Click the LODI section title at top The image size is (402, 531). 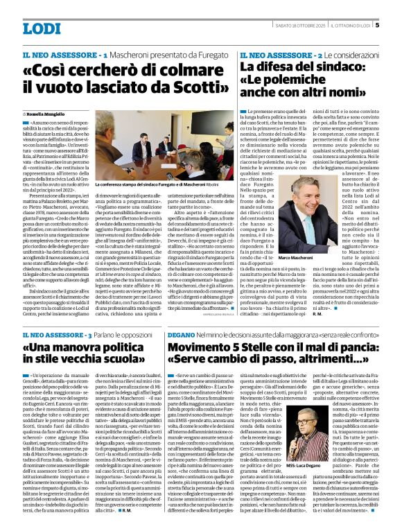(42, 28)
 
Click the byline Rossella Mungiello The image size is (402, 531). (45, 112)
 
